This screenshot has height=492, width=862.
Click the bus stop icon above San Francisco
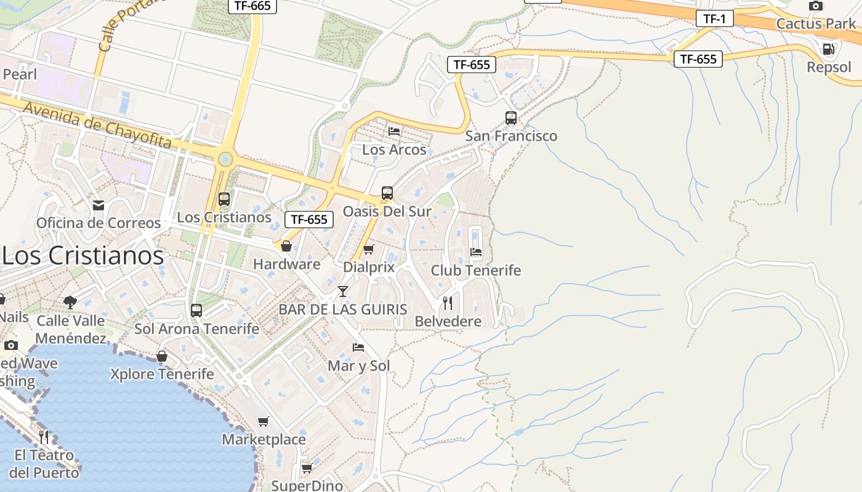click(510, 118)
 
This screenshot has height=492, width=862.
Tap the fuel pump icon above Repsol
click(829, 49)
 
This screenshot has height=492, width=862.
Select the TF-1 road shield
click(714, 18)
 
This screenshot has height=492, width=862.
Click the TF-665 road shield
click(252, 6)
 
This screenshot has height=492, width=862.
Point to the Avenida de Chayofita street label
click(97, 124)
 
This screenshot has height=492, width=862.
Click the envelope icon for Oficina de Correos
click(98, 205)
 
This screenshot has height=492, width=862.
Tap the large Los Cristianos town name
click(83, 255)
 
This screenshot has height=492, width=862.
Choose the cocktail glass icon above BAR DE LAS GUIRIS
click(343, 291)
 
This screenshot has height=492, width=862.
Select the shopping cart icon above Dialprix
click(368, 249)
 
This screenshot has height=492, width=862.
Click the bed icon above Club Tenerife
click(475, 252)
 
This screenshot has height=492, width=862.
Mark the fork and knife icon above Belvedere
click(448, 303)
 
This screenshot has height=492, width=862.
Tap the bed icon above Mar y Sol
click(358, 347)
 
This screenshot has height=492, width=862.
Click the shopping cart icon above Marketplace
click(264, 421)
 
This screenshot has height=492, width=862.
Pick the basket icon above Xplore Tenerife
click(162, 356)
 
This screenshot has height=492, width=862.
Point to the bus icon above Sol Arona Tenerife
click(196, 311)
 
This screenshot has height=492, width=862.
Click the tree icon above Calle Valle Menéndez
click(70, 302)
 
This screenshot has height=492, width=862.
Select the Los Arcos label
click(394, 149)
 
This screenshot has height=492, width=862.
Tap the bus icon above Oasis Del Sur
click(387, 193)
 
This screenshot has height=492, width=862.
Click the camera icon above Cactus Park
click(816, 6)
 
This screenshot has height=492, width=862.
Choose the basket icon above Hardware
click(286, 246)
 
